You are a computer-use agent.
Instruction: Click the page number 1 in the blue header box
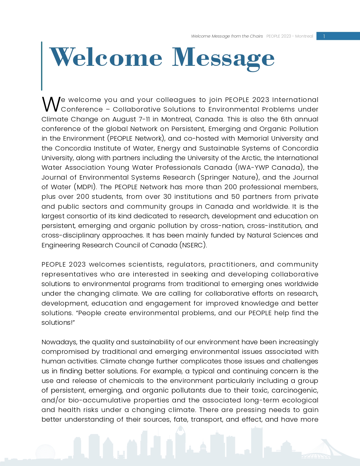pos(324,36)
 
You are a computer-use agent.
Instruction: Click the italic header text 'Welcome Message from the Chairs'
pos(227,36)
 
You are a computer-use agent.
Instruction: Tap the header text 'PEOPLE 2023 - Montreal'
pos(290,36)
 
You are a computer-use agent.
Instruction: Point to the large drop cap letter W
pos(51,104)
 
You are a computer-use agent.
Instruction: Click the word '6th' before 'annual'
pos(286,119)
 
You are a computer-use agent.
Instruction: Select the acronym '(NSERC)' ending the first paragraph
pos(193,245)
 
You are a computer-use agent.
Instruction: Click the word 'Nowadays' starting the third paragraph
pos(59,342)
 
